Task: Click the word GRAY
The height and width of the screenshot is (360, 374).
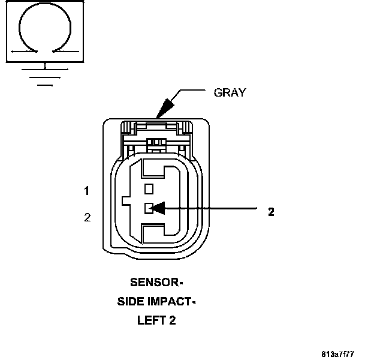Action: [230, 93]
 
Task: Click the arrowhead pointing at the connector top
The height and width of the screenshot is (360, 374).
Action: [164, 109]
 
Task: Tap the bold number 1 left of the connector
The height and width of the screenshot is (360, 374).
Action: [87, 191]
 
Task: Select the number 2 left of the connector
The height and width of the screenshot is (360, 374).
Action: [88, 217]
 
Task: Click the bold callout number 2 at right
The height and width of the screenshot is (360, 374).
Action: [271, 211]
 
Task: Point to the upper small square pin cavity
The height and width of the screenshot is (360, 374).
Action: [149, 188]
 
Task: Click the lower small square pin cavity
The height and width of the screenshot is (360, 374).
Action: [149, 208]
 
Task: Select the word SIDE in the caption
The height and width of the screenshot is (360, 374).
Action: [130, 301]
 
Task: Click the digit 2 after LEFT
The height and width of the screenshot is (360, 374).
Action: [173, 320]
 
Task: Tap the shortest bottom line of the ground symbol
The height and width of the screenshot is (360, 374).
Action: [45, 85]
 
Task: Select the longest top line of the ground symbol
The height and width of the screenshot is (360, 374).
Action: [45, 70]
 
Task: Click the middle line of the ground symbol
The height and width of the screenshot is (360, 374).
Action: [45, 77]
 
